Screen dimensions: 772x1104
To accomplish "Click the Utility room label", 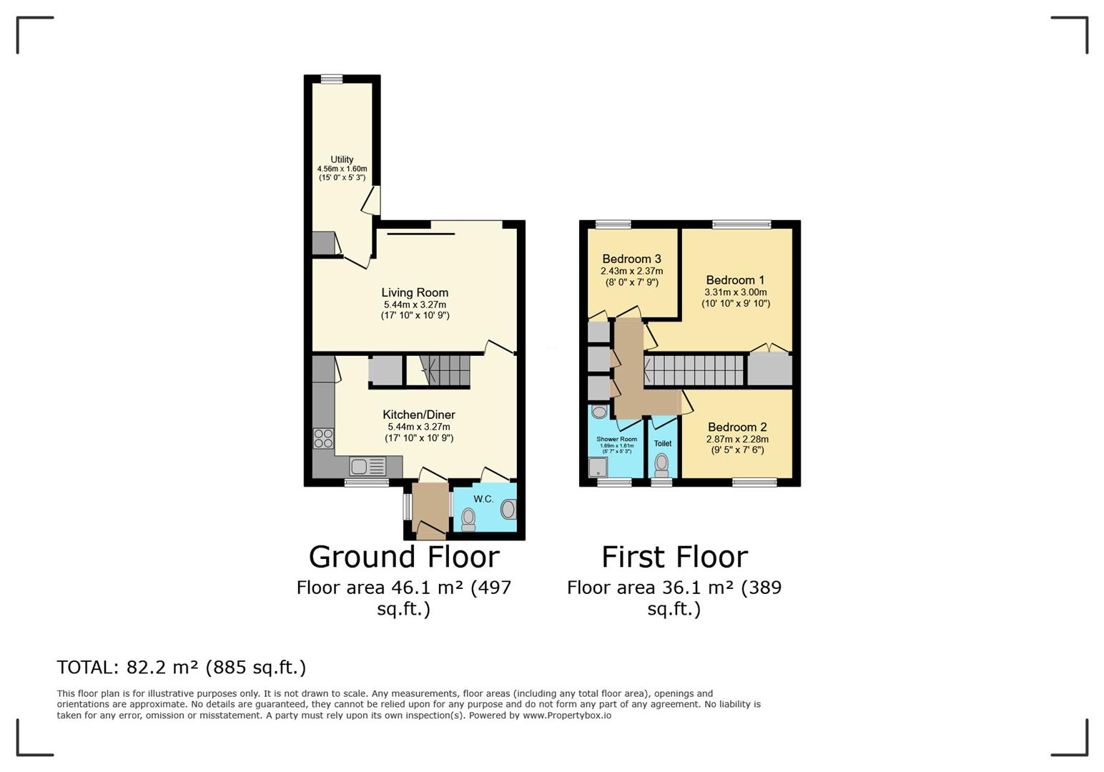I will [x=342, y=159].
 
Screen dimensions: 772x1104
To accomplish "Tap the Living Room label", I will [x=415, y=292].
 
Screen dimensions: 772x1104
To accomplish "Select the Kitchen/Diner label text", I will [x=419, y=415].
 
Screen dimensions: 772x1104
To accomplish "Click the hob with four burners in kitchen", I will [x=323, y=438].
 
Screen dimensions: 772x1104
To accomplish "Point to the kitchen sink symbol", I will [x=368, y=467].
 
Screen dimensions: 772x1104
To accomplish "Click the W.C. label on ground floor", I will [x=483, y=499].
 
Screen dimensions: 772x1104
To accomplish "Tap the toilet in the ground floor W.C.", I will [x=468, y=518].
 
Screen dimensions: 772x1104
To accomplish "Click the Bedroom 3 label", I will [x=631, y=259].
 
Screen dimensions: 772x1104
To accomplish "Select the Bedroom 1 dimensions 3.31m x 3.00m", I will [x=736, y=292].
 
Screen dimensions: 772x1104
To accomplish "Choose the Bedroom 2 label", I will [x=737, y=427].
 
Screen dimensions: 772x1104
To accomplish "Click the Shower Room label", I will [x=616, y=440].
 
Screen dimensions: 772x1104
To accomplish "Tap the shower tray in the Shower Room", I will [x=597, y=467].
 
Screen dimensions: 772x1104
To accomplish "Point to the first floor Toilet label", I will [x=663, y=443].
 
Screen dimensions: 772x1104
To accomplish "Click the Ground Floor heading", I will [x=404, y=557].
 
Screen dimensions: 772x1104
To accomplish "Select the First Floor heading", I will [x=674, y=557].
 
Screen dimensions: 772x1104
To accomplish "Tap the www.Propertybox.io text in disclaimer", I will [x=566, y=715].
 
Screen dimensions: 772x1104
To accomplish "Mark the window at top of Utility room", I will [x=331, y=79].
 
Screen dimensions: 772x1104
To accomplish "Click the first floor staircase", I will [x=694, y=371].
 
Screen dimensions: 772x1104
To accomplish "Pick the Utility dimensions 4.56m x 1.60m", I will [x=342, y=169].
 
